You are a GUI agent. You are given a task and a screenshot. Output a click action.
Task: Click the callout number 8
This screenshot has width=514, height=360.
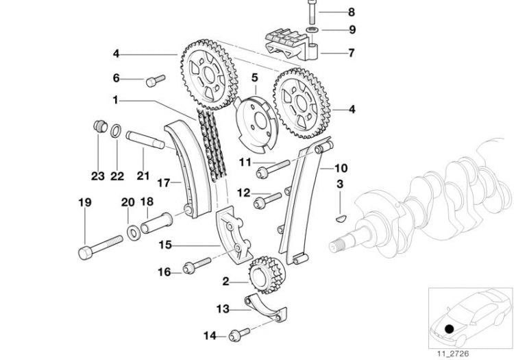[332, 12]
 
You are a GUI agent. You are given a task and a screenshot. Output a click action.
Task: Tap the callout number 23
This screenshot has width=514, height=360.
[98, 176]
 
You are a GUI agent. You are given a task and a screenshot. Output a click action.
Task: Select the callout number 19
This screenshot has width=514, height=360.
[84, 202]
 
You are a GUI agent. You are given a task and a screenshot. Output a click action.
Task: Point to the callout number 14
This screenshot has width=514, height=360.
[210, 335]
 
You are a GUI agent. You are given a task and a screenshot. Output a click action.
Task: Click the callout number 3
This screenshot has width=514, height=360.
[339, 184]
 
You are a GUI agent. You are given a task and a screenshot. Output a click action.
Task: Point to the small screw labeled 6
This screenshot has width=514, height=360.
[153, 81]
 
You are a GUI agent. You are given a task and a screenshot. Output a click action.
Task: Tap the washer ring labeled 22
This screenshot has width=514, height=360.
[117, 129]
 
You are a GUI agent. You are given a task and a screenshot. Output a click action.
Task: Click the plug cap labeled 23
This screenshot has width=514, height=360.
[99, 127]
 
